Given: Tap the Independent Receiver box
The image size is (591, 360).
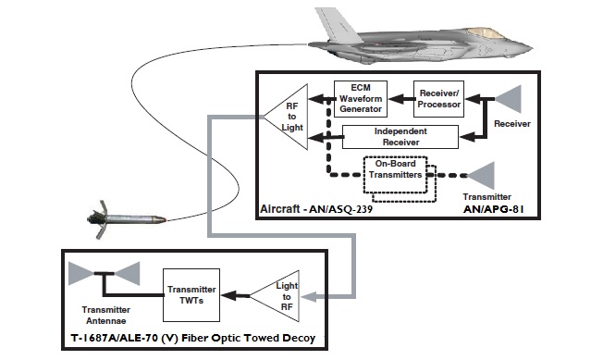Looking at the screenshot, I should pos(399,137).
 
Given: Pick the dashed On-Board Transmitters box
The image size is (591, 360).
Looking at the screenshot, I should pos(395,175).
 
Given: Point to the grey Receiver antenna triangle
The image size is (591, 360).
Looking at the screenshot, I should pos(512,101).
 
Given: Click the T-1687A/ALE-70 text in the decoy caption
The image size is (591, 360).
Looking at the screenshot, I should pos(111,339).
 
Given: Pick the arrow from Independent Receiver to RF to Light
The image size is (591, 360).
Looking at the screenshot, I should pos(323,138).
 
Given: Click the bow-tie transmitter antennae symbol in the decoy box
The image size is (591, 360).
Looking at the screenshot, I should pos(104,275).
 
